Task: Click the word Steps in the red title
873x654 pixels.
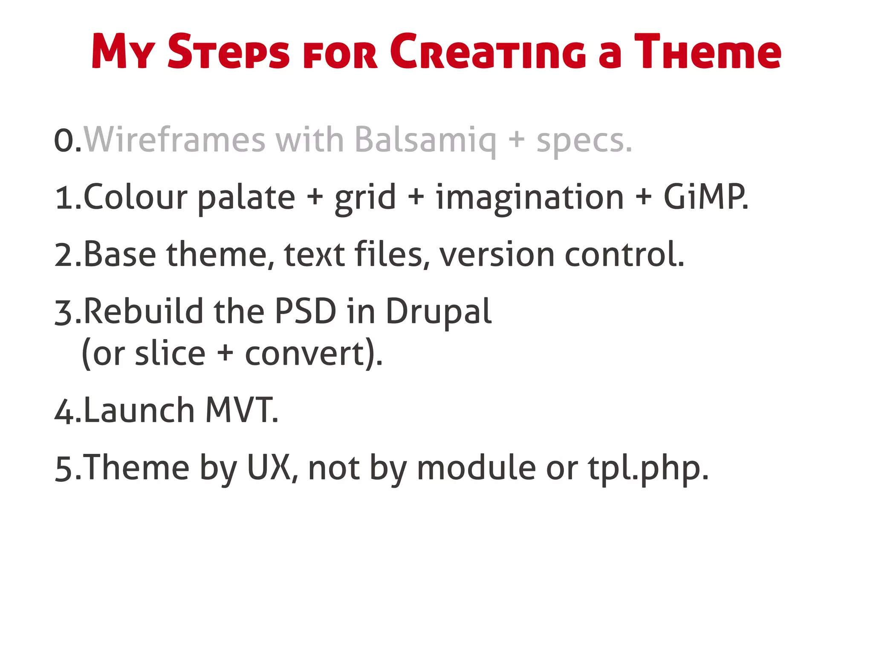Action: click(228, 52)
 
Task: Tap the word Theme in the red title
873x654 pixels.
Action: click(708, 52)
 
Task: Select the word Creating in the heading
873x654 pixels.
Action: click(488, 52)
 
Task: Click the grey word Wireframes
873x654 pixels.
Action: click(175, 140)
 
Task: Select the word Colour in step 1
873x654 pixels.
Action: click(135, 197)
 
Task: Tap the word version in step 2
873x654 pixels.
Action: click(497, 255)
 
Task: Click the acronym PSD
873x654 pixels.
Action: click(305, 311)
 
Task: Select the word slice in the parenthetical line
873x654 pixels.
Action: click(170, 354)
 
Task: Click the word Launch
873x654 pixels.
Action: click(139, 410)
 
